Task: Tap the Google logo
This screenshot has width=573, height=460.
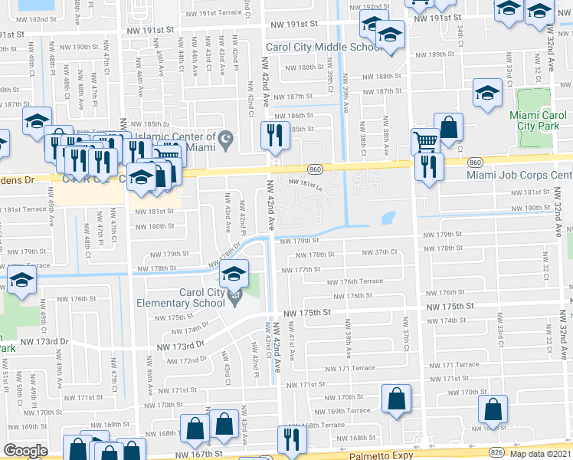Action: [x=25, y=451]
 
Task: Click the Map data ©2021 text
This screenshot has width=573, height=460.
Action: [x=541, y=454]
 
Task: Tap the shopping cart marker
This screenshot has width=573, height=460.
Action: [x=425, y=140]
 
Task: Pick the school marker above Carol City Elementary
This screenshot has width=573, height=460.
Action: [x=234, y=274]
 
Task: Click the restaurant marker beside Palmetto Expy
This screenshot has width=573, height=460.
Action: [x=291, y=439]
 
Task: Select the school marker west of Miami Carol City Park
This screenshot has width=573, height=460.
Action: [x=487, y=94]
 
